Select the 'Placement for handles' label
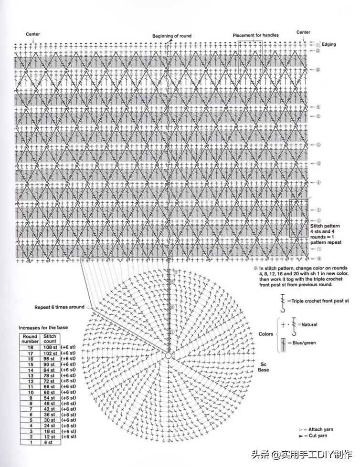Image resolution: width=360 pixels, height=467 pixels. point(255,35)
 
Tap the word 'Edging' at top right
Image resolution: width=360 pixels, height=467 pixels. point(328,44)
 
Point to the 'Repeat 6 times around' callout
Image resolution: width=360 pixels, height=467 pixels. point(59,307)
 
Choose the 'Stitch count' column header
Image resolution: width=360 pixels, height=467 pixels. point(50,339)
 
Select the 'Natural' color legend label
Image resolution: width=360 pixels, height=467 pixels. point(309,324)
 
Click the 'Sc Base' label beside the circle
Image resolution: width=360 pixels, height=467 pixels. point(263,366)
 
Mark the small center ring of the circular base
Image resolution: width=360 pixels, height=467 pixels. point(169,355)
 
